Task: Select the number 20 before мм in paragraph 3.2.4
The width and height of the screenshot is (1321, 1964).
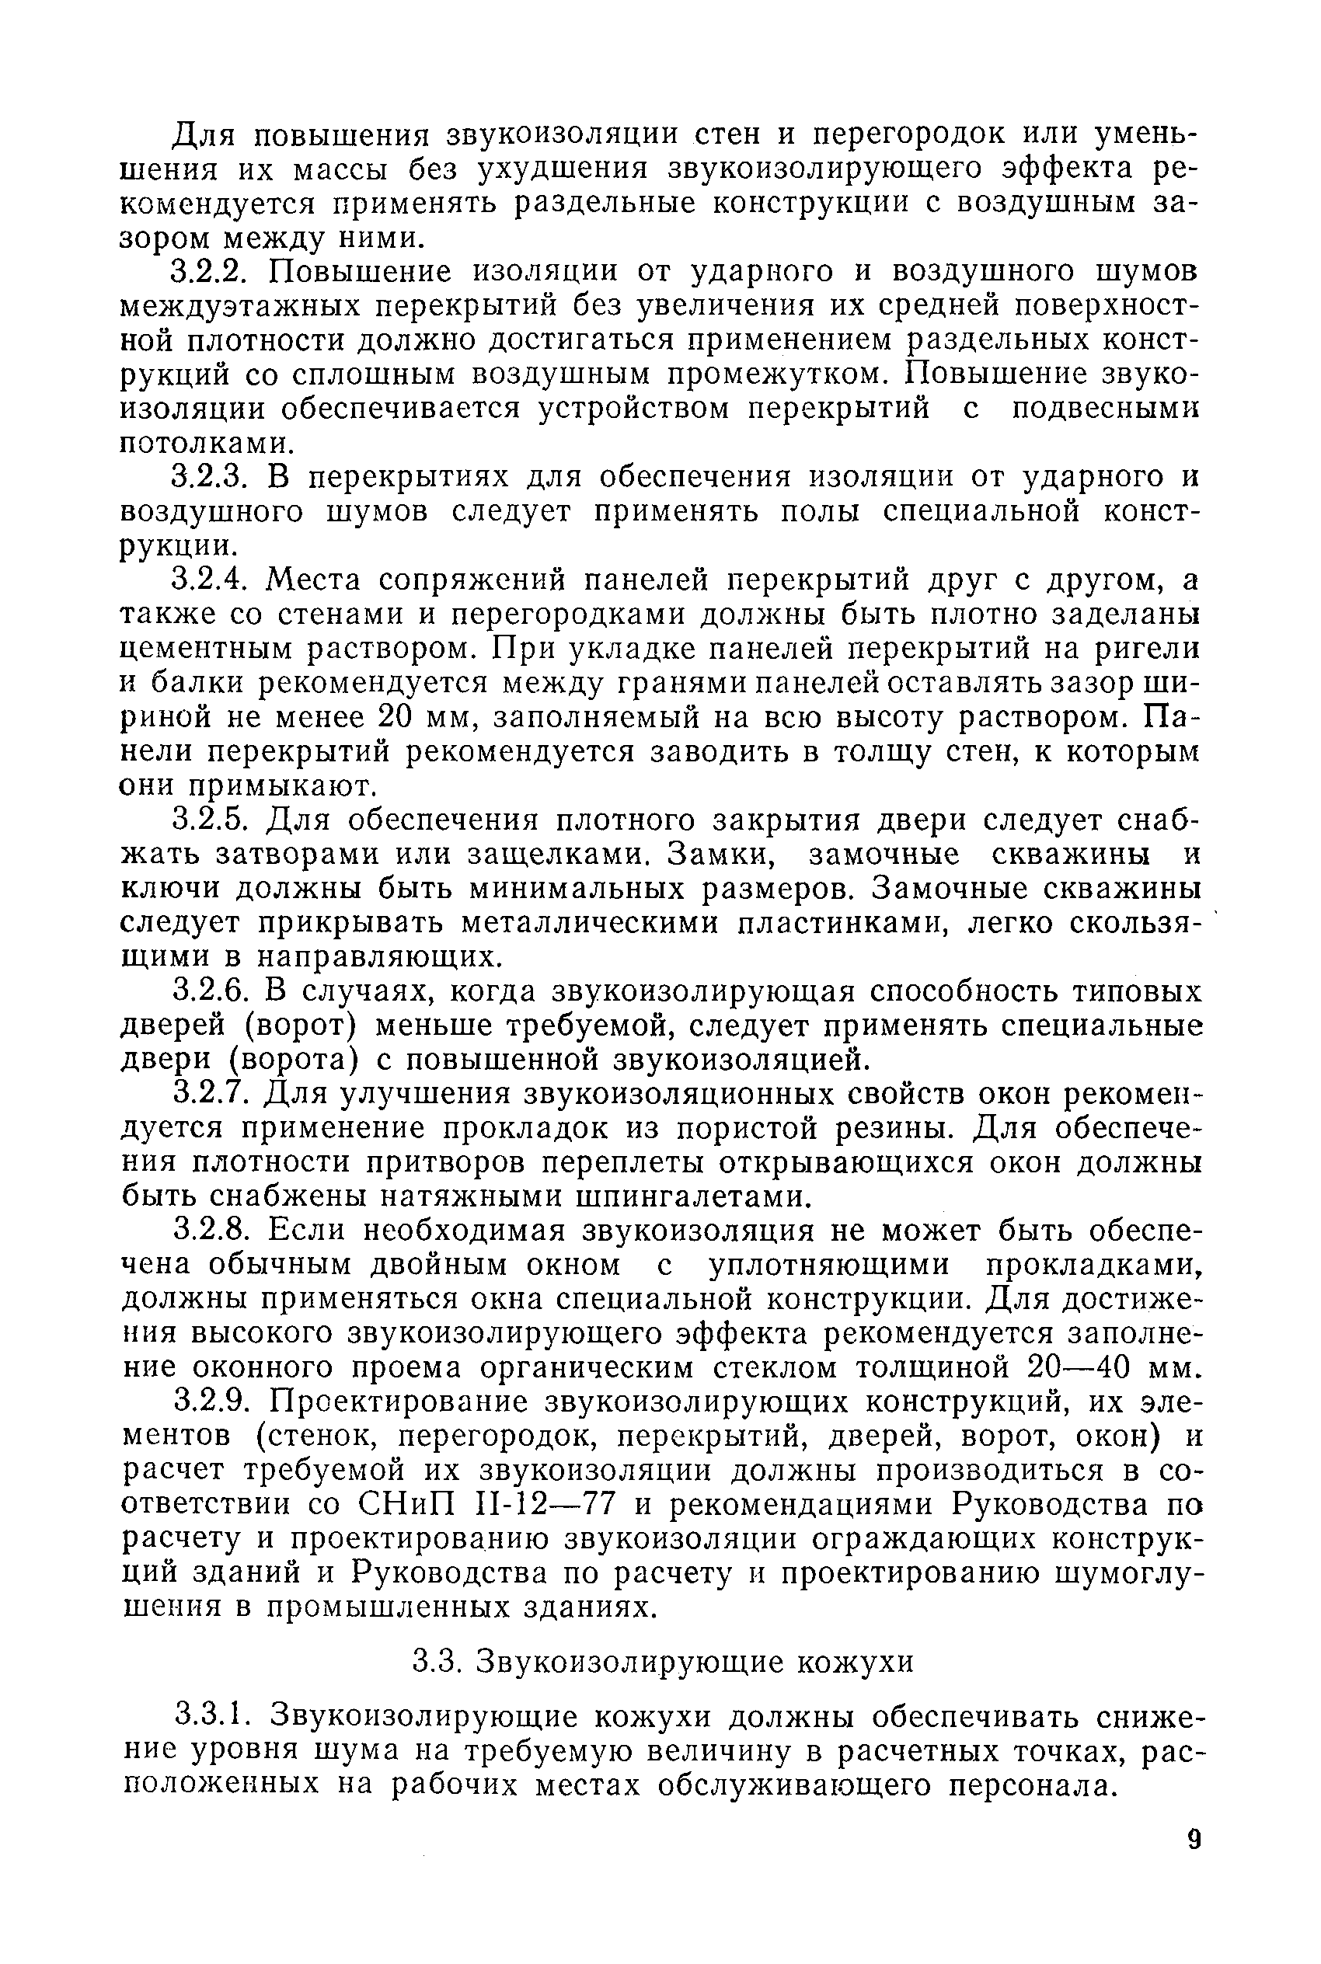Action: coord(394,718)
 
